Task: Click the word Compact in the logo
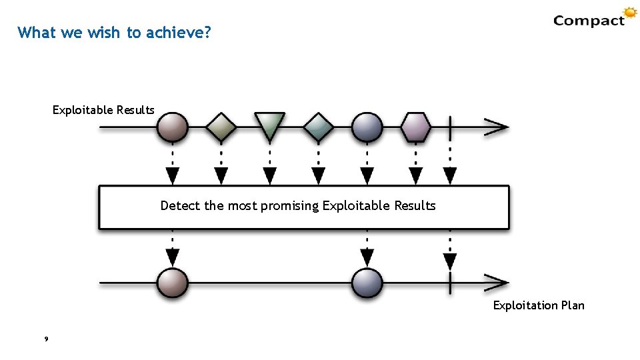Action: pyautogui.click(x=589, y=21)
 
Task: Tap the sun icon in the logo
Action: pyautogui.click(x=630, y=13)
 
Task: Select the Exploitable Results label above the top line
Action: pyautogui.click(x=103, y=110)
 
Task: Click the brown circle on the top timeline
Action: pyautogui.click(x=173, y=127)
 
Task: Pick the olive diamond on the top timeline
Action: pyautogui.click(x=221, y=127)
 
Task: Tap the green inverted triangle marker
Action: pyautogui.click(x=270, y=125)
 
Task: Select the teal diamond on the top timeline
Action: pyautogui.click(x=319, y=127)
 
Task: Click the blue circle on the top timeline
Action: pyautogui.click(x=367, y=127)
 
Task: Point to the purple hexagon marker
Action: pyautogui.click(x=416, y=127)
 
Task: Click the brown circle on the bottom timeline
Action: pyautogui.click(x=173, y=283)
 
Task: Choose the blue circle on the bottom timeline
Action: pyautogui.click(x=367, y=283)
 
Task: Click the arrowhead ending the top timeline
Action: pyautogui.click(x=497, y=127)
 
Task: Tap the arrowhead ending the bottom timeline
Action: pyautogui.click(x=497, y=283)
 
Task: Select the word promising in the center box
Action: pyautogui.click(x=290, y=206)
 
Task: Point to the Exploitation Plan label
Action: pyautogui.click(x=539, y=305)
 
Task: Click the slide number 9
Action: pyautogui.click(x=45, y=340)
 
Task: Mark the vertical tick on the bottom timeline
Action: pyautogui.click(x=451, y=283)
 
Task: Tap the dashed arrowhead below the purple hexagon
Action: pyautogui.click(x=416, y=176)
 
